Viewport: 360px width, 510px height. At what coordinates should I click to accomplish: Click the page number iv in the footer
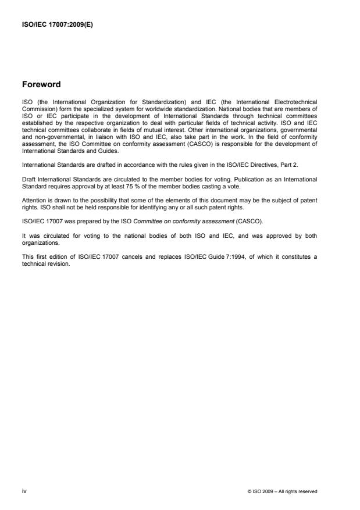pyautogui.click(x=23, y=491)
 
